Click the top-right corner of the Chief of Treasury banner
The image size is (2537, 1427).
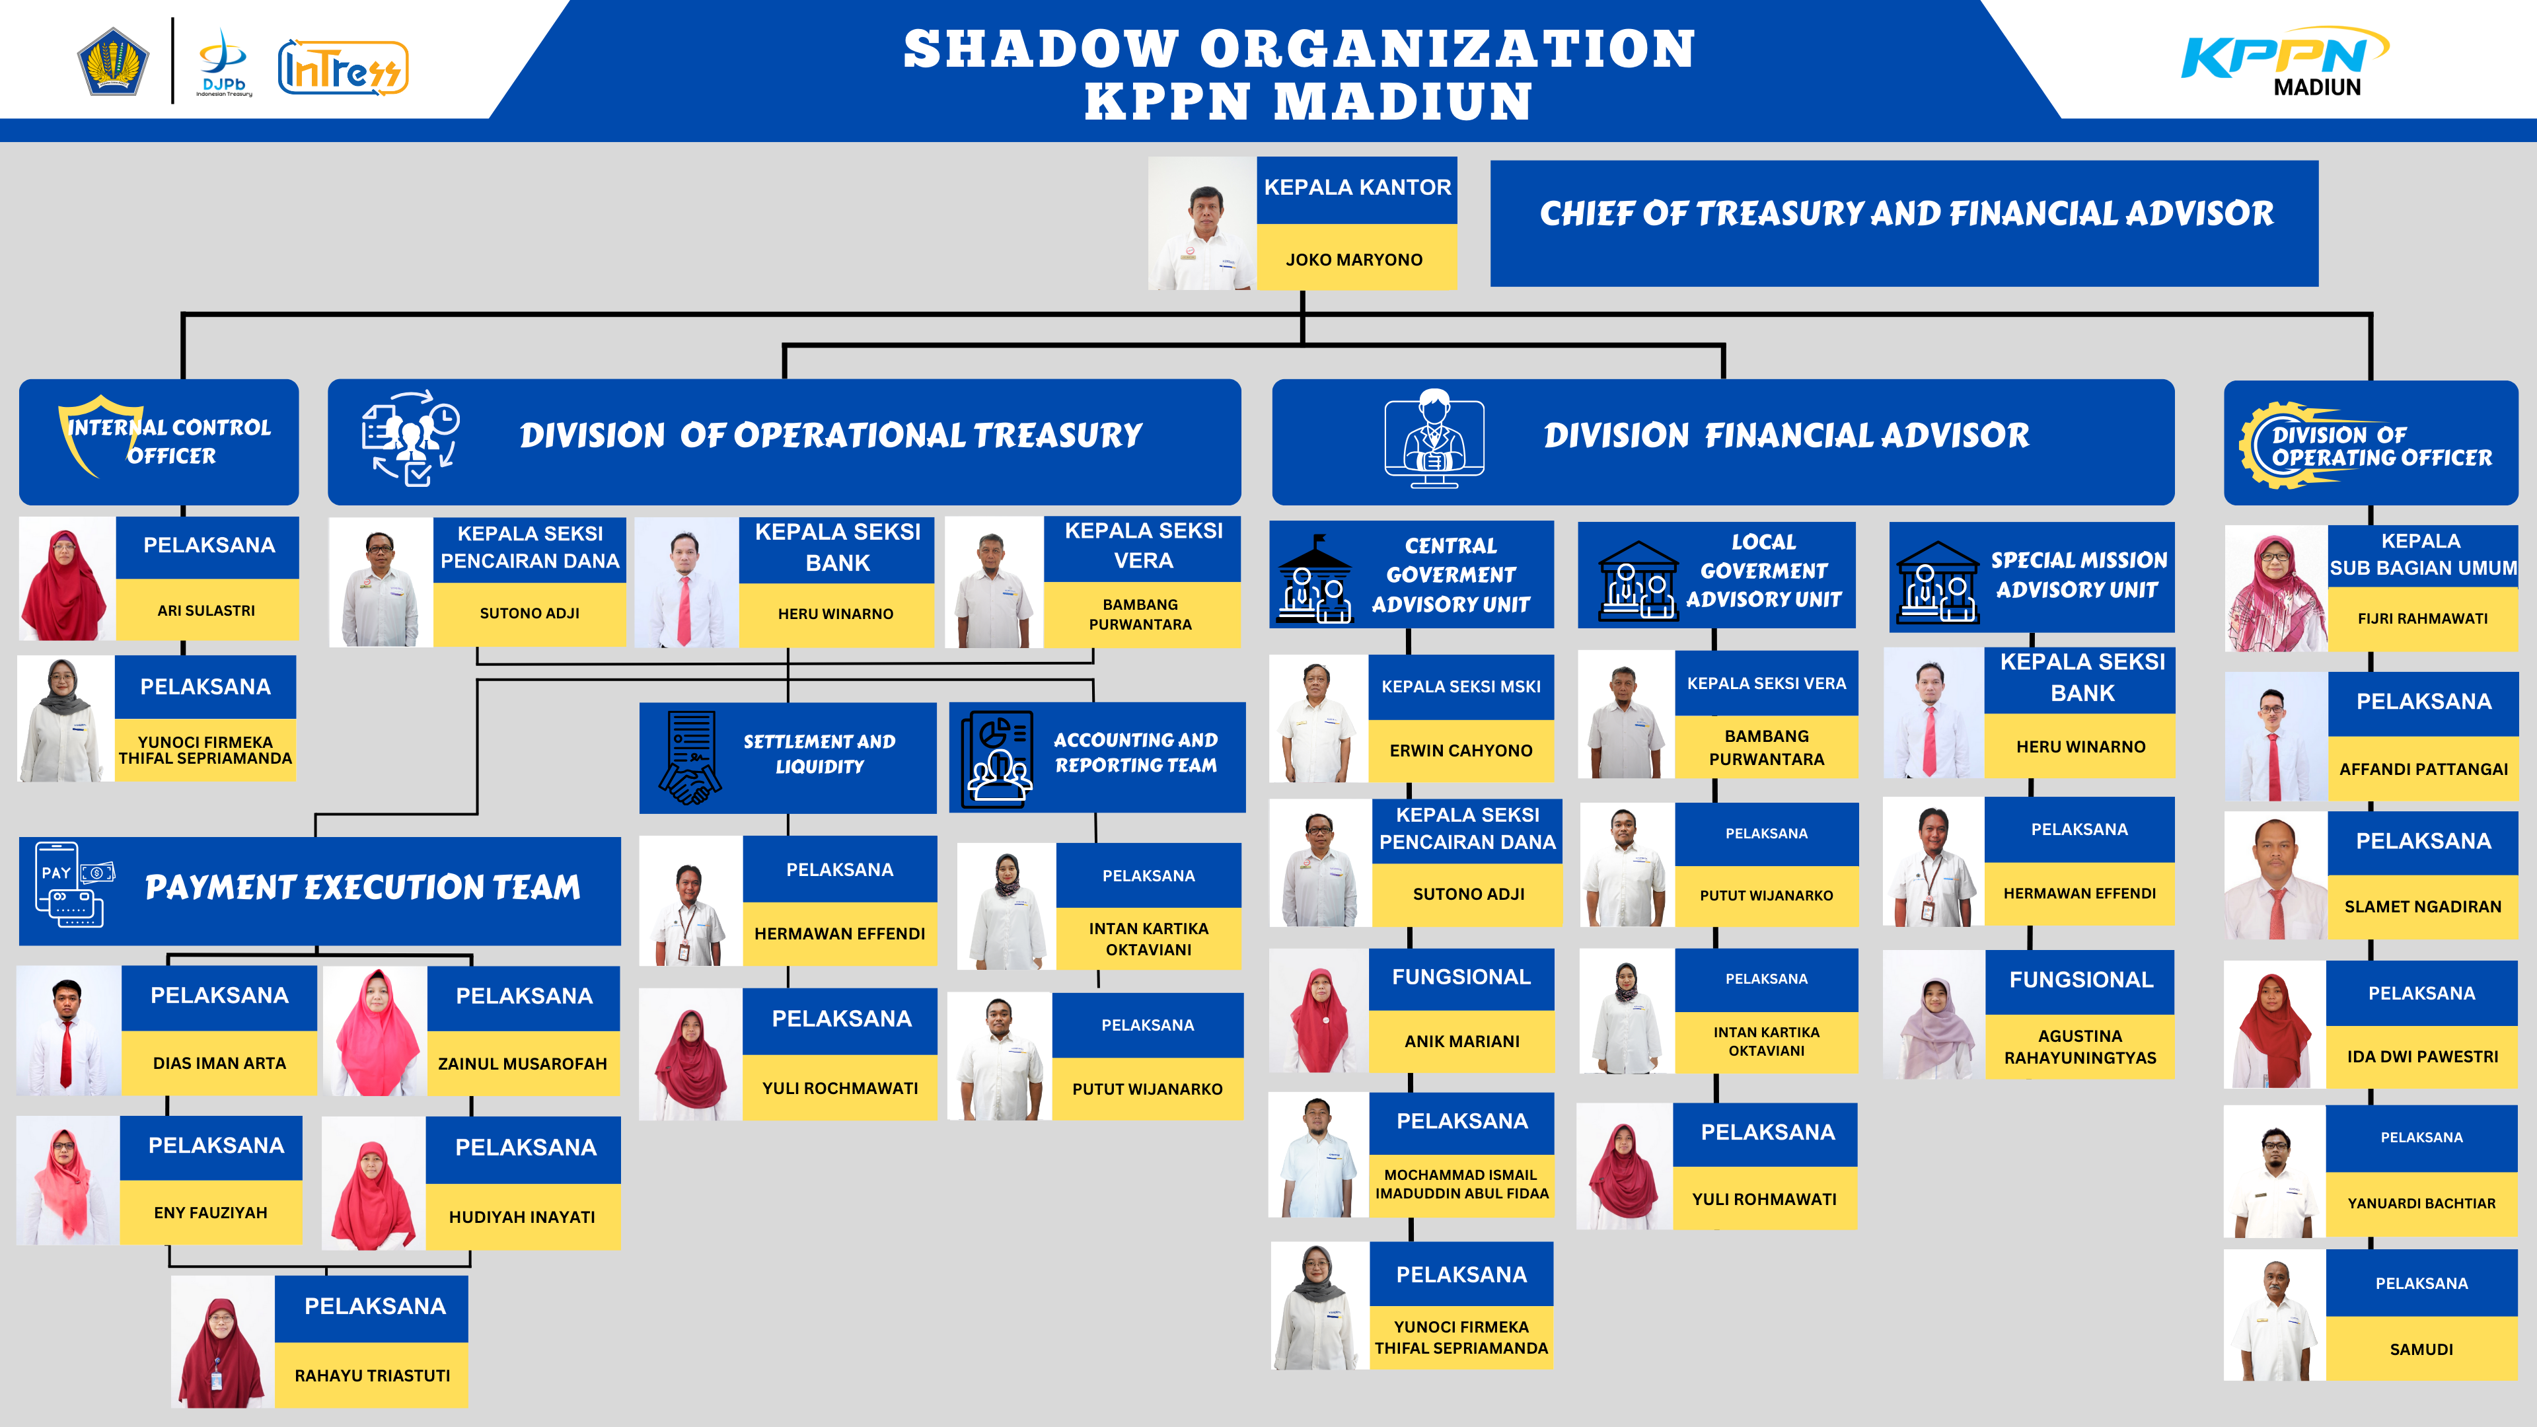(2318, 161)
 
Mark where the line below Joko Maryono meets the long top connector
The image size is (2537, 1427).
(1303, 315)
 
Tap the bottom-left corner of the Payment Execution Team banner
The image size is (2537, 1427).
(20, 945)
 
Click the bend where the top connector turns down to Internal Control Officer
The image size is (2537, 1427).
(183, 315)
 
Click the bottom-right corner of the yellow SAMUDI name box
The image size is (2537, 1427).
(2517, 1379)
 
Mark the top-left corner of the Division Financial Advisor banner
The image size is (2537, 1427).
(1273, 380)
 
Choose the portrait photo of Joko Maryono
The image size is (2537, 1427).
(1202, 223)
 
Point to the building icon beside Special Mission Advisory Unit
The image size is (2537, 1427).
(1937, 582)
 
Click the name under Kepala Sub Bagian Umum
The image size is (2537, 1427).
(2422, 618)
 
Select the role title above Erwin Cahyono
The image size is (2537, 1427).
(1461, 686)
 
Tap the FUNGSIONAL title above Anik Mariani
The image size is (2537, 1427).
(1461, 977)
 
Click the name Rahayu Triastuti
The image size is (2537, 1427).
(372, 1375)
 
